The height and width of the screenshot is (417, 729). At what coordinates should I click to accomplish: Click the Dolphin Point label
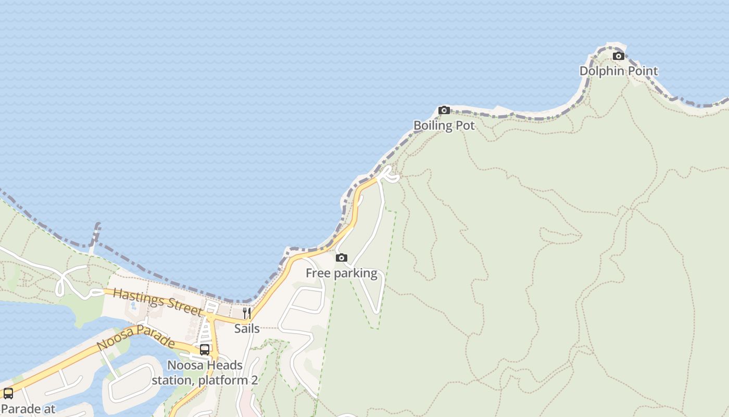[x=619, y=71]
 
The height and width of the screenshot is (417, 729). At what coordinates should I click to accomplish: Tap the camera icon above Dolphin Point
[x=619, y=56]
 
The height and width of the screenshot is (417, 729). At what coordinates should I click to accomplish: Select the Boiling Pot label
[x=444, y=126]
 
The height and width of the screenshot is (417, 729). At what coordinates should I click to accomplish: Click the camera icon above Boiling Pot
[x=444, y=110]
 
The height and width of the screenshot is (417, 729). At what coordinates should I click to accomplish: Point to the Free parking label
[x=342, y=273]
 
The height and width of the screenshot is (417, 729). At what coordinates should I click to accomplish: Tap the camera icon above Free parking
[x=342, y=257]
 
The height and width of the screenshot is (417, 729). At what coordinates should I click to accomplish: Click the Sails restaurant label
[x=247, y=328]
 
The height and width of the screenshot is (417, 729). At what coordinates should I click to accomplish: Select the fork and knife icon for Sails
[x=247, y=313]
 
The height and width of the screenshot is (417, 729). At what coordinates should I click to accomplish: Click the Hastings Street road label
[x=157, y=301]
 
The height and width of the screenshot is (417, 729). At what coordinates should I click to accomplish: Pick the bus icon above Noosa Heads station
[x=205, y=350]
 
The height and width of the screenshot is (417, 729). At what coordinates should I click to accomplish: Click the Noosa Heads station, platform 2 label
[x=205, y=373]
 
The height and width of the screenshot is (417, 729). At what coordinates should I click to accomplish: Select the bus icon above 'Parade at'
[x=8, y=394]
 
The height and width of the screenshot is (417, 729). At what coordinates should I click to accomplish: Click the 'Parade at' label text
[x=28, y=409]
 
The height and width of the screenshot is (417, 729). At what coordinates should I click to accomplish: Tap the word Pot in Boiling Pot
[x=465, y=126]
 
